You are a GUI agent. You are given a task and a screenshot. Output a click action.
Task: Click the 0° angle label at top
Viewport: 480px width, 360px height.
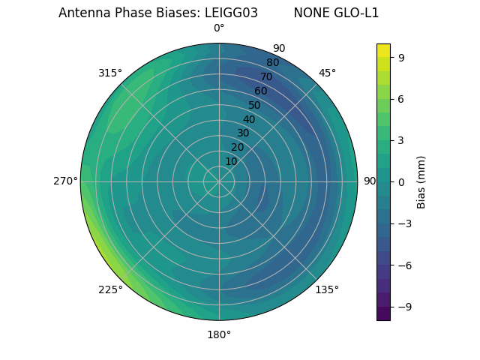[x=219, y=28]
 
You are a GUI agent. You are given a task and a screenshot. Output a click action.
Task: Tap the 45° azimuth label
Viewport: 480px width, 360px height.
[x=327, y=73]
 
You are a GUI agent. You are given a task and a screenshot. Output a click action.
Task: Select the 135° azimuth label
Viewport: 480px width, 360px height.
[x=327, y=289]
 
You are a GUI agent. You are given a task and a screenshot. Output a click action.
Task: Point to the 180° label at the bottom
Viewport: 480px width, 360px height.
[x=219, y=334]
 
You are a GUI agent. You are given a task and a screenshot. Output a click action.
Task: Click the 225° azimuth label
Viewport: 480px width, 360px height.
[x=110, y=290]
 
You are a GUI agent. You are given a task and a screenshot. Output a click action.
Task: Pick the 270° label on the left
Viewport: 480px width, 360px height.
[x=65, y=181]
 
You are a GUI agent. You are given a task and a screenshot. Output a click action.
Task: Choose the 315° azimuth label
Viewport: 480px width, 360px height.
[x=110, y=73]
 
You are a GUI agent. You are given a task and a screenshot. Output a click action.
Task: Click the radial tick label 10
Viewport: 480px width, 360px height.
[x=231, y=161]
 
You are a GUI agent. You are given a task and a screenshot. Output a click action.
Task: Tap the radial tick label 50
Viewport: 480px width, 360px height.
[x=255, y=105]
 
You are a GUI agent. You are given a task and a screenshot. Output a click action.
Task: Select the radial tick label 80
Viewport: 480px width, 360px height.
[x=273, y=63]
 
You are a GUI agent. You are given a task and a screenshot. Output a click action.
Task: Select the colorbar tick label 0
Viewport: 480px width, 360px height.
[x=400, y=181]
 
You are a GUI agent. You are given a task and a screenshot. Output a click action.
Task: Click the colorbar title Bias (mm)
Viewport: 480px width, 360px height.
[x=421, y=181]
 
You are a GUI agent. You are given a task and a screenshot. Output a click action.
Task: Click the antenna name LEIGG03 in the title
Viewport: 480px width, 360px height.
[x=231, y=13]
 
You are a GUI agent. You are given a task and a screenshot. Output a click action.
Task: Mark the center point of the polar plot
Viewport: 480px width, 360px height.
[x=219, y=181]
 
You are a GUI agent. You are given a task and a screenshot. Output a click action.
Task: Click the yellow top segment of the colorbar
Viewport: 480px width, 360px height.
[x=383, y=49]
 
